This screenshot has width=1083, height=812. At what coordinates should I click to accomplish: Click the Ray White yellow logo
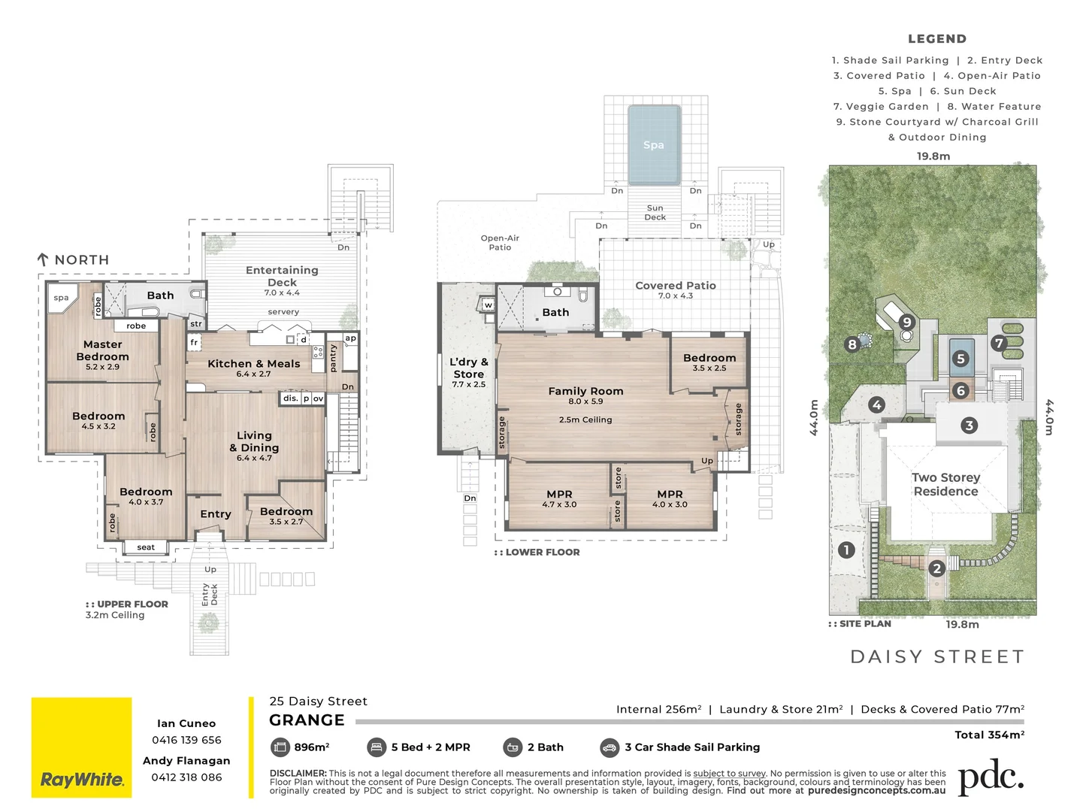click(81, 747)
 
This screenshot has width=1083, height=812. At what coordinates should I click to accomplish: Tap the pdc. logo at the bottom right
click(991, 777)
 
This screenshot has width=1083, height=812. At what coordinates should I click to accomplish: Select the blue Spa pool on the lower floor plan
click(654, 145)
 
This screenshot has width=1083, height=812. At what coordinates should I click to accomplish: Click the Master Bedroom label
click(103, 350)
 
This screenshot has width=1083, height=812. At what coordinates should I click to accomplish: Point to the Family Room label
click(585, 391)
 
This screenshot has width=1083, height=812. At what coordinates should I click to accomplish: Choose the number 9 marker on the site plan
click(907, 323)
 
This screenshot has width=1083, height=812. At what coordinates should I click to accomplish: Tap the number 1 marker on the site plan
click(847, 550)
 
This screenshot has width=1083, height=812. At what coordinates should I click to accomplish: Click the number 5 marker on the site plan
click(960, 359)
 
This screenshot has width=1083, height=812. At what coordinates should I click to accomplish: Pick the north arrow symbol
click(43, 259)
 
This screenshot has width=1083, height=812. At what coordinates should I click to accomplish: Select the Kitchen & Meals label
click(253, 364)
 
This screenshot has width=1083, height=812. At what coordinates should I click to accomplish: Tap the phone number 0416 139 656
click(186, 740)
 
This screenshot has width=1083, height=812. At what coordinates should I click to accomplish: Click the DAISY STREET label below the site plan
click(937, 657)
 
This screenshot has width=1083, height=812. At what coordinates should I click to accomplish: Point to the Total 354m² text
click(989, 735)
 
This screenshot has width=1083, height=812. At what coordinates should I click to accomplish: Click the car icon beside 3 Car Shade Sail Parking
click(610, 747)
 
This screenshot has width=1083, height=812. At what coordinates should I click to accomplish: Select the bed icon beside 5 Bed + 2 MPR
click(376, 747)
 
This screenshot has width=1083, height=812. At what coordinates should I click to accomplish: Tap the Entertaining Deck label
click(283, 276)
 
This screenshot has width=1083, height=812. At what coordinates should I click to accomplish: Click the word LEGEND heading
click(937, 39)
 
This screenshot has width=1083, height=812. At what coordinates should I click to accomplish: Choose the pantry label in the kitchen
click(333, 358)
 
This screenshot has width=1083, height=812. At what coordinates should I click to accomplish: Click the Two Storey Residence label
click(945, 484)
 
